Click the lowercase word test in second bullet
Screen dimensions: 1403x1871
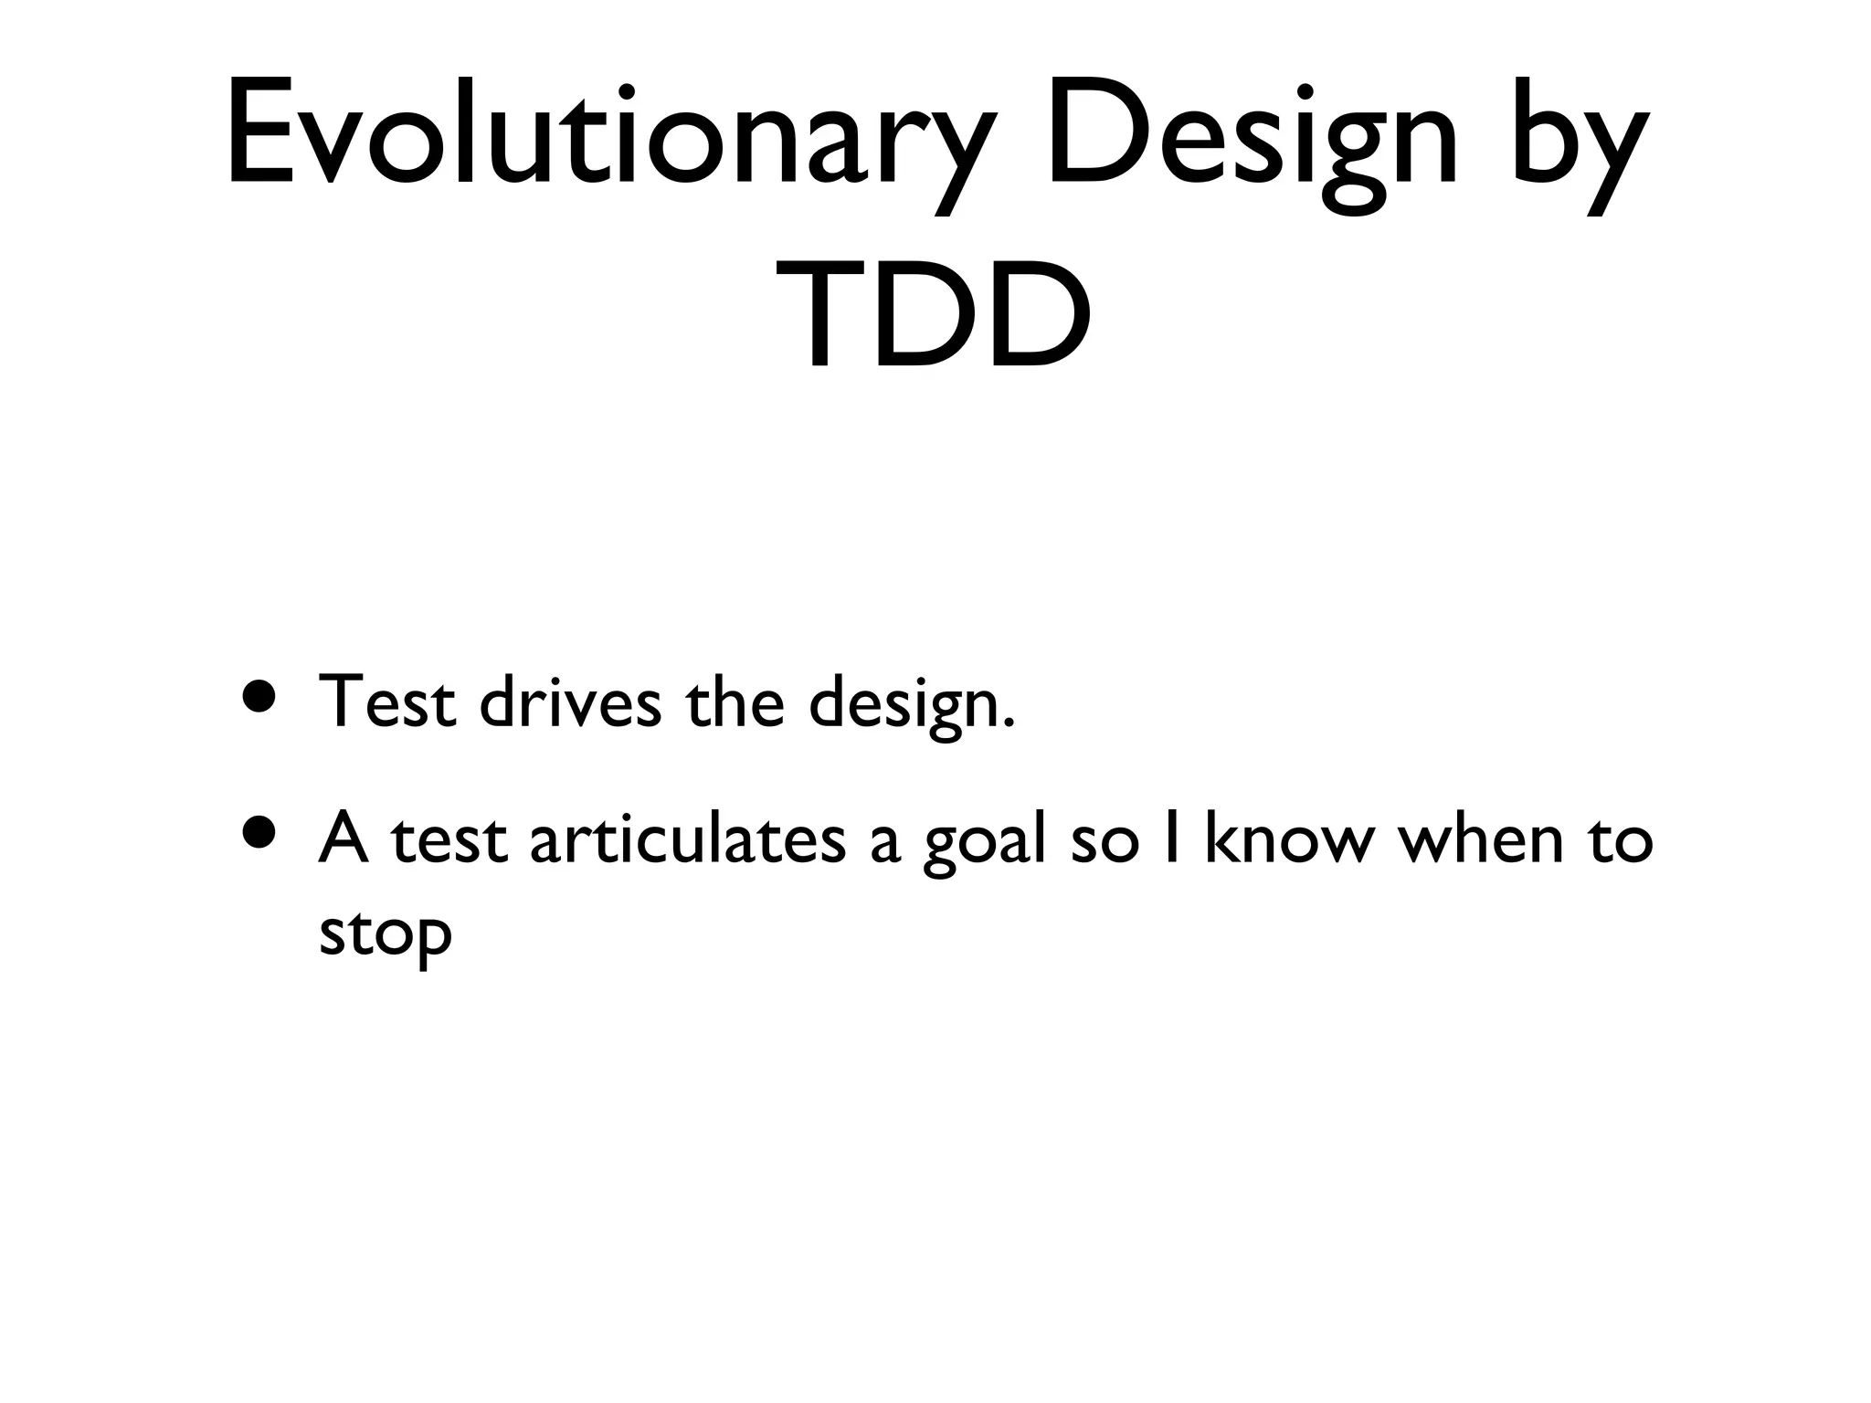coord(449,840)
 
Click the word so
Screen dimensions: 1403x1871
coord(1105,845)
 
